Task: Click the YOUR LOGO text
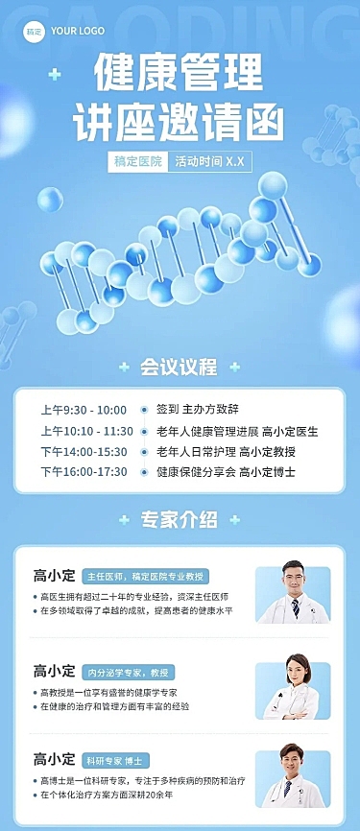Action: point(78,31)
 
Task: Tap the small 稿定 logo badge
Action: point(36,31)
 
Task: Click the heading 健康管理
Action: point(179,74)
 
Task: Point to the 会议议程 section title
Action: point(179,367)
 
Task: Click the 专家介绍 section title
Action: point(179,519)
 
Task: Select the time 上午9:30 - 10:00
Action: point(84,409)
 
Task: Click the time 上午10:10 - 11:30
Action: point(86,431)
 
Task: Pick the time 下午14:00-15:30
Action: point(84,451)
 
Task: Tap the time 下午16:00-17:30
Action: point(84,472)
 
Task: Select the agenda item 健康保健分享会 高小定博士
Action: point(226,472)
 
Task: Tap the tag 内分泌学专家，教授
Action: point(129,672)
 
